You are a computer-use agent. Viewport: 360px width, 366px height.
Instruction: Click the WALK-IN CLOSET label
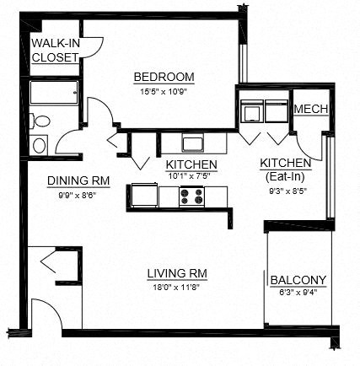pos(55,51)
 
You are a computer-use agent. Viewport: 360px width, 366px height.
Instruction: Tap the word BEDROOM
pos(164,78)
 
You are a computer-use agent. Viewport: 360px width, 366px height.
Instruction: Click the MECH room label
pos(310,110)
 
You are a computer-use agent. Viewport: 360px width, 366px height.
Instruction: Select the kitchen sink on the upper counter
pos(192,141)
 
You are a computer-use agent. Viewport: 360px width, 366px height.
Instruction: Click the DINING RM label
pos(78,180)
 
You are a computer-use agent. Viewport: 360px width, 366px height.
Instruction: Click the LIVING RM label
pos(177,273)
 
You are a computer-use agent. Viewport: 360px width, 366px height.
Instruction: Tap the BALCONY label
pos(299,280)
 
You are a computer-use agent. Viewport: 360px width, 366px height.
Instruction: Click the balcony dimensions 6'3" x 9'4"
pos(299,292)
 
